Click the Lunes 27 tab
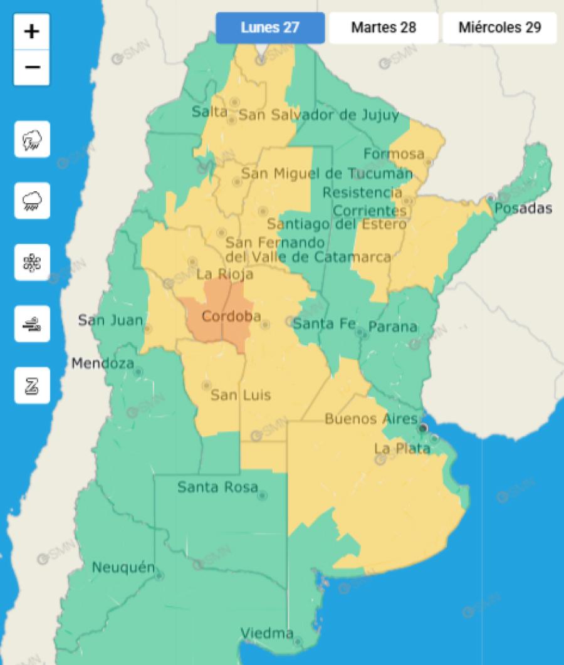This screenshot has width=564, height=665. point(270,28)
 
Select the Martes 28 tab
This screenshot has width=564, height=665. point(384,28)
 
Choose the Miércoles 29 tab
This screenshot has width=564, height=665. point(499,28)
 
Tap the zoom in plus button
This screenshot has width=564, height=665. point(32,31)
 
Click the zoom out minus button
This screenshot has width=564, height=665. point(32,66)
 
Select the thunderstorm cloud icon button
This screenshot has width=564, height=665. point(32,139)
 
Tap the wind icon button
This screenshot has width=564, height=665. point(32,324)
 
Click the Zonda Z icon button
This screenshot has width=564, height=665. point(32,385)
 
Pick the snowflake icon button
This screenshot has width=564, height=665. point(32,263)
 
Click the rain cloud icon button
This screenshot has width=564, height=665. point(32,201)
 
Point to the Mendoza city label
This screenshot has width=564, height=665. point(102,363)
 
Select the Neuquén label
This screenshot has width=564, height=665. point(123,568)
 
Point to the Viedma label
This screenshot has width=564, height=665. point(267,633)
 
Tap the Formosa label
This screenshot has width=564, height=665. point(394,154)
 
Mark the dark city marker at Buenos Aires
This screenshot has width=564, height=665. point(424,428)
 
